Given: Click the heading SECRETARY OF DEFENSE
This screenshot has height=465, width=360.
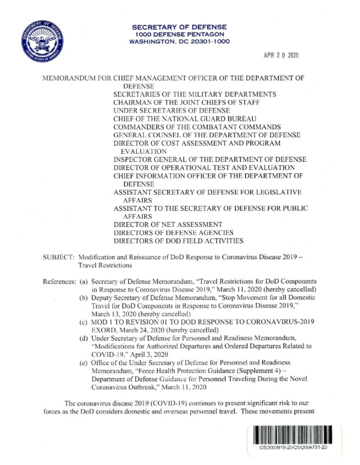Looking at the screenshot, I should [179, 27].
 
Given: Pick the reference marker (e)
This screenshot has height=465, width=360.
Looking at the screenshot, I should [84, 364].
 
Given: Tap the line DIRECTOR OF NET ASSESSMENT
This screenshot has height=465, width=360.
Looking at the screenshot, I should [168, 224].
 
